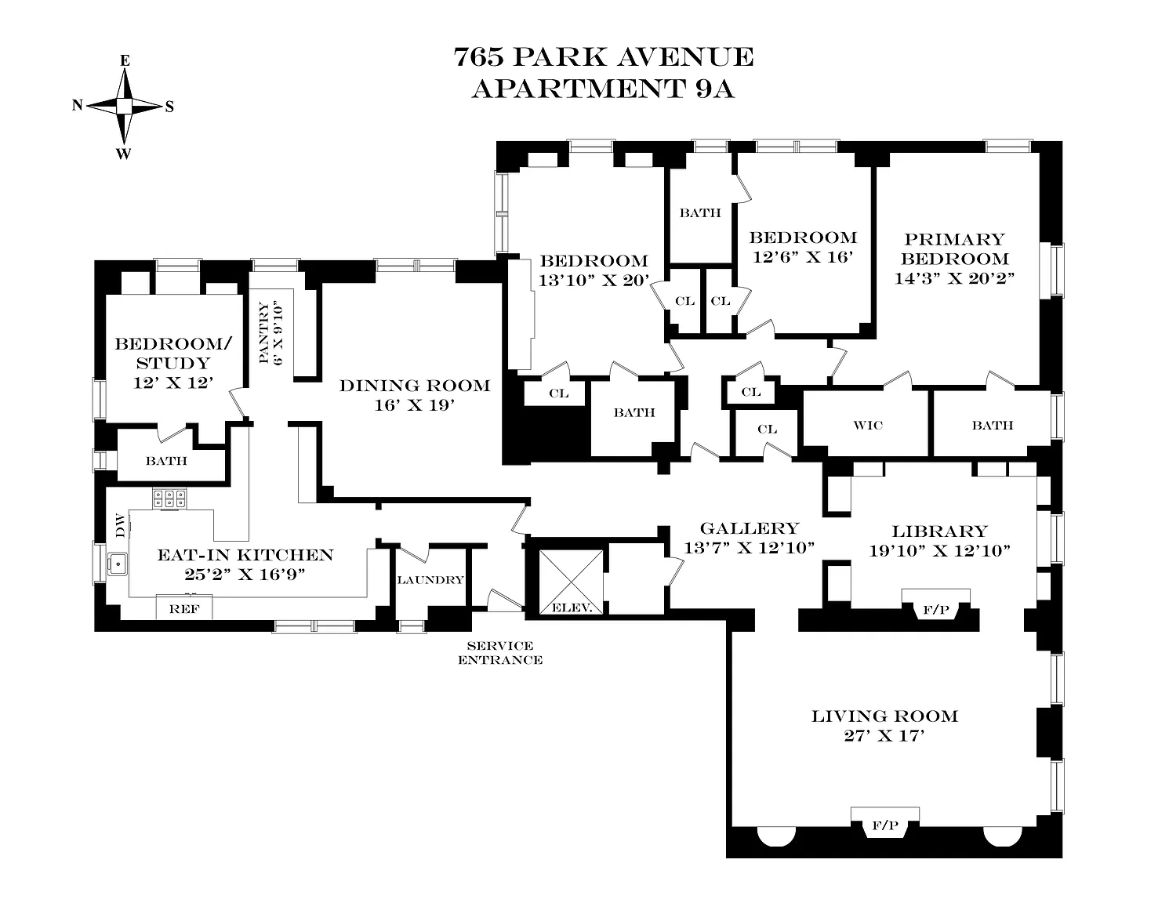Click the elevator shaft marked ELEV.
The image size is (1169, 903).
pos(571,582)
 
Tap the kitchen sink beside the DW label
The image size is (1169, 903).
pos(118,564)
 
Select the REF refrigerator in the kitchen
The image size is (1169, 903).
pos(184,607)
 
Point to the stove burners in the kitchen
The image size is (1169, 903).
pos(169,499)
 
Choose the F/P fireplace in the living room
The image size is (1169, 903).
pos(885,823)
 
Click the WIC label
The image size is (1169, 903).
pos(868,426)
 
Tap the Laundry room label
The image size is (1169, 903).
pos(430,580)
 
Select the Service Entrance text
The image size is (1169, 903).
pos(500,653)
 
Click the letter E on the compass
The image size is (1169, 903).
pos(125,61)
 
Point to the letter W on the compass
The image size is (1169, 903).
pos(123,154)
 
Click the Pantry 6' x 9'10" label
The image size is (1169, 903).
pos(270,332)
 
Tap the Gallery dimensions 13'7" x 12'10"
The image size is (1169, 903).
pos(749,548)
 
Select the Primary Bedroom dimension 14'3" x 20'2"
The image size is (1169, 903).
pos(954,278)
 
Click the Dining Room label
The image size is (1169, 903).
pos(415,386)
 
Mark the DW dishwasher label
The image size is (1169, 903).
pos(121,526)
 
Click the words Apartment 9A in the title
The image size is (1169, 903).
pos(603,89)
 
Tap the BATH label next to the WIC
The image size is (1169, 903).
pos(993,426)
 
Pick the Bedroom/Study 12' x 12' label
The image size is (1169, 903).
pos(172,363)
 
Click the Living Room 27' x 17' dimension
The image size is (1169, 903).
pos(884,735)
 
